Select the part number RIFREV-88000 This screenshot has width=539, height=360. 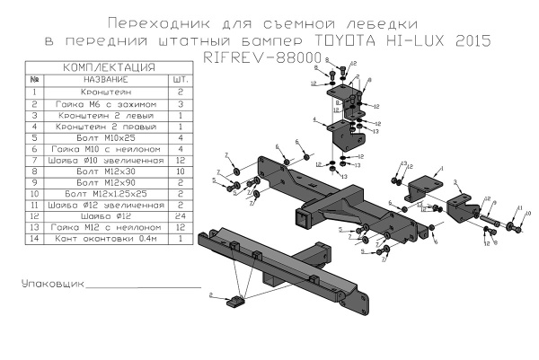[270, 57]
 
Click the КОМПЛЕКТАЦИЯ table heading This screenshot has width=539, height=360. [107, 68]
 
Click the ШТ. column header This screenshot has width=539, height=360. [178, 80]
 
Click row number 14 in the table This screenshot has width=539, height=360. [33, 241]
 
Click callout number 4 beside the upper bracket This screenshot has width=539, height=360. [314, 119]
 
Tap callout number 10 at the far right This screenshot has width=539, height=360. [528, 215]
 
